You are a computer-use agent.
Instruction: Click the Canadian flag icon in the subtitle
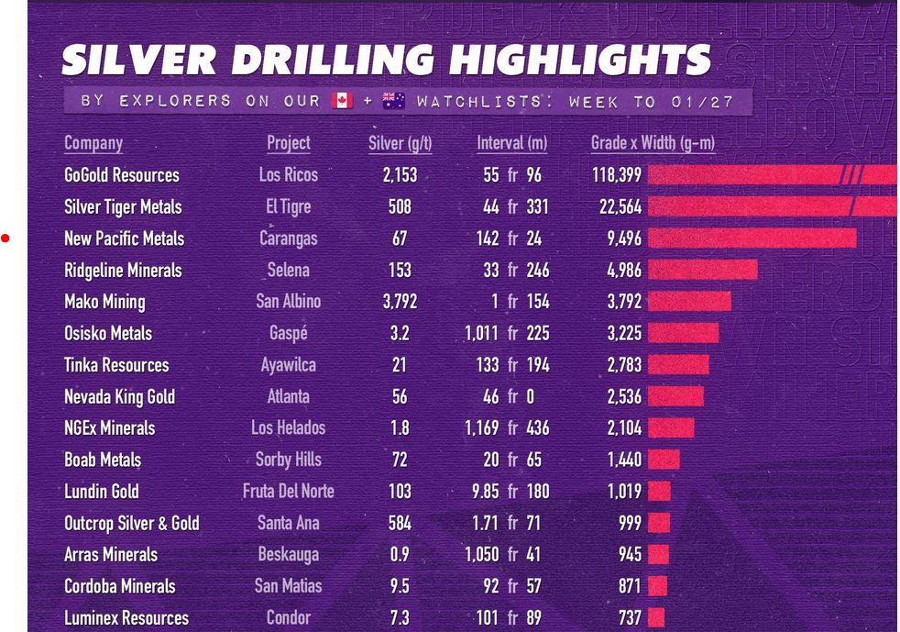tap(342, 100)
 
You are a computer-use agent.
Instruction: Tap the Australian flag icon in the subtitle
tap(394, 100)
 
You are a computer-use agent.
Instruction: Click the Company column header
tap(93, 143)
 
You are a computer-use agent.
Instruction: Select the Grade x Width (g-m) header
tap(653, 143)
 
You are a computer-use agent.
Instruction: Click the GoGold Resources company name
tap(122, 175)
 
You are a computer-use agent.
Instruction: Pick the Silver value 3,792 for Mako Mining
tap(400, 302)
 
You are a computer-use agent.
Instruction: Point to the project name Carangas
tap(288, 238)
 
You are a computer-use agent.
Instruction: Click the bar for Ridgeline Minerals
tap(702, 270)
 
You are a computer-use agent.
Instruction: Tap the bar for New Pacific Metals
tap(752, 238)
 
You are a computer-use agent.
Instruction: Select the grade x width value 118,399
tap(617, 175)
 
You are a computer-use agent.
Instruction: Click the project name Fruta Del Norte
tap(288, 492)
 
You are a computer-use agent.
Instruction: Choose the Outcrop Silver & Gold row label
tap(132, 524)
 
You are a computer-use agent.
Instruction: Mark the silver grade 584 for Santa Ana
tap(400, 524)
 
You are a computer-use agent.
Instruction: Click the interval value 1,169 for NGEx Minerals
tap(481, 428)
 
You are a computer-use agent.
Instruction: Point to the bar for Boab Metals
tap(664, 460)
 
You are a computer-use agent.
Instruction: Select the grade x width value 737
tap(630, 618)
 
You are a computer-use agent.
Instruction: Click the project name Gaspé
tap(288, 334)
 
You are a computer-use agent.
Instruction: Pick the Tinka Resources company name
tap(116, 365)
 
